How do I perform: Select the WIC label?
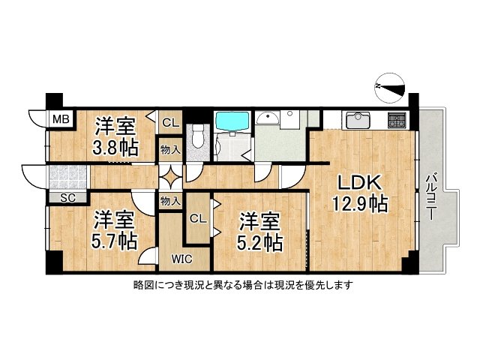click(179, 259)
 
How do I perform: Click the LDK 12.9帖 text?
click(360, 193)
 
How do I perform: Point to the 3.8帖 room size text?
click(115, 146)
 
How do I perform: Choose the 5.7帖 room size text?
click(114, 241)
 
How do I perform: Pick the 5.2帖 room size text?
click(260, 241)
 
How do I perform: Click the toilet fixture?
click(198, 137)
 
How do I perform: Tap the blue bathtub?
click(232, 121)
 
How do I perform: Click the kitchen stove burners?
click(397, 119)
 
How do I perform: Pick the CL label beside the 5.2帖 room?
click(197, 218)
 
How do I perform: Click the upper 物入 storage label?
click(169, 150)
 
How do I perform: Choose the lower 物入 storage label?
click(169, 200)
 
